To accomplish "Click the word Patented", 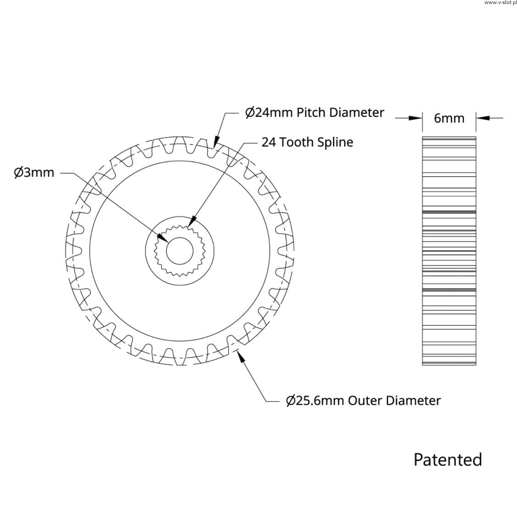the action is [x=447, y=460].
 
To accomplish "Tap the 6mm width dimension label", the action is [x=449, y=118].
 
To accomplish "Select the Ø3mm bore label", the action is [x=34, y=172].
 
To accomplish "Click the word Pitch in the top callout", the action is [x=311, y=112].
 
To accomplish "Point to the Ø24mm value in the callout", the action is [x=269, y=112].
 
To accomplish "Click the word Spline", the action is [x=335, y=142].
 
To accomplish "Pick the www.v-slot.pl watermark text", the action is [x=500, y=3].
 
